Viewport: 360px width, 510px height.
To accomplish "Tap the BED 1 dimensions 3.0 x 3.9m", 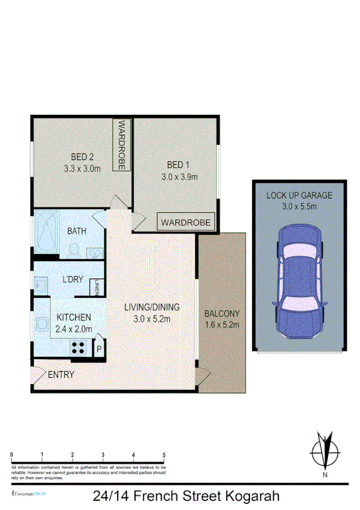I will click(180, 177).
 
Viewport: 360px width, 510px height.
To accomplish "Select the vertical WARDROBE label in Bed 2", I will click(121, 145).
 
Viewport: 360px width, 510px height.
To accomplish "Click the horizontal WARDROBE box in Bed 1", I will click(186, 223).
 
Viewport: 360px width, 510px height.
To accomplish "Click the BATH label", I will click(77, 231).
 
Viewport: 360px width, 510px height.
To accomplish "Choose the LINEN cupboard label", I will click(96, 288).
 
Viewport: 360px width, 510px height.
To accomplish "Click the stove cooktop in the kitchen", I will click(79, 347).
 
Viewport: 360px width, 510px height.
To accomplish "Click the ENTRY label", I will click(61, 375).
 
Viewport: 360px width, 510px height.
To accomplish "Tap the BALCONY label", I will click(222, 313).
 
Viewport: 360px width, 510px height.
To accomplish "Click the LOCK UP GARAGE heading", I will click(299, 195).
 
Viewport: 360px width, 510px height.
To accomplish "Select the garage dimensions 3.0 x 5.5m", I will click(299, 206).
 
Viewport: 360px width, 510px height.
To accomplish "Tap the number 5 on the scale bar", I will click(164, 454).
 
